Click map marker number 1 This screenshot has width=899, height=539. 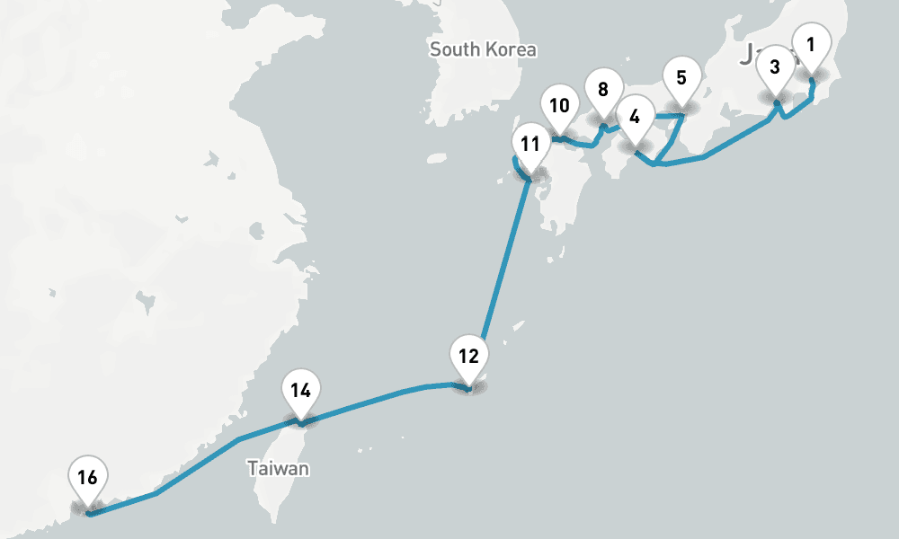(811, 43)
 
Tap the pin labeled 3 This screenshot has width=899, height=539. (775, 66)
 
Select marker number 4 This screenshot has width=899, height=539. (636, 117)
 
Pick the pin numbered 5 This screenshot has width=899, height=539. (681, 78)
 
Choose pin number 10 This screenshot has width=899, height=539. (559, 106)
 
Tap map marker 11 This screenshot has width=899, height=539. (530, 144)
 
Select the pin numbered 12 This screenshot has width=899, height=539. (468, 356)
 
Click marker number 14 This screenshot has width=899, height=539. (300, 391)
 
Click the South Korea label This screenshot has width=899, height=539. (483, 49)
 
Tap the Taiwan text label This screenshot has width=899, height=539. (279, 469)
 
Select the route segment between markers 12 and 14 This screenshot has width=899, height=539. (378, 398)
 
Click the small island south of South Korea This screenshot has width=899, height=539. (437, 159)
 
